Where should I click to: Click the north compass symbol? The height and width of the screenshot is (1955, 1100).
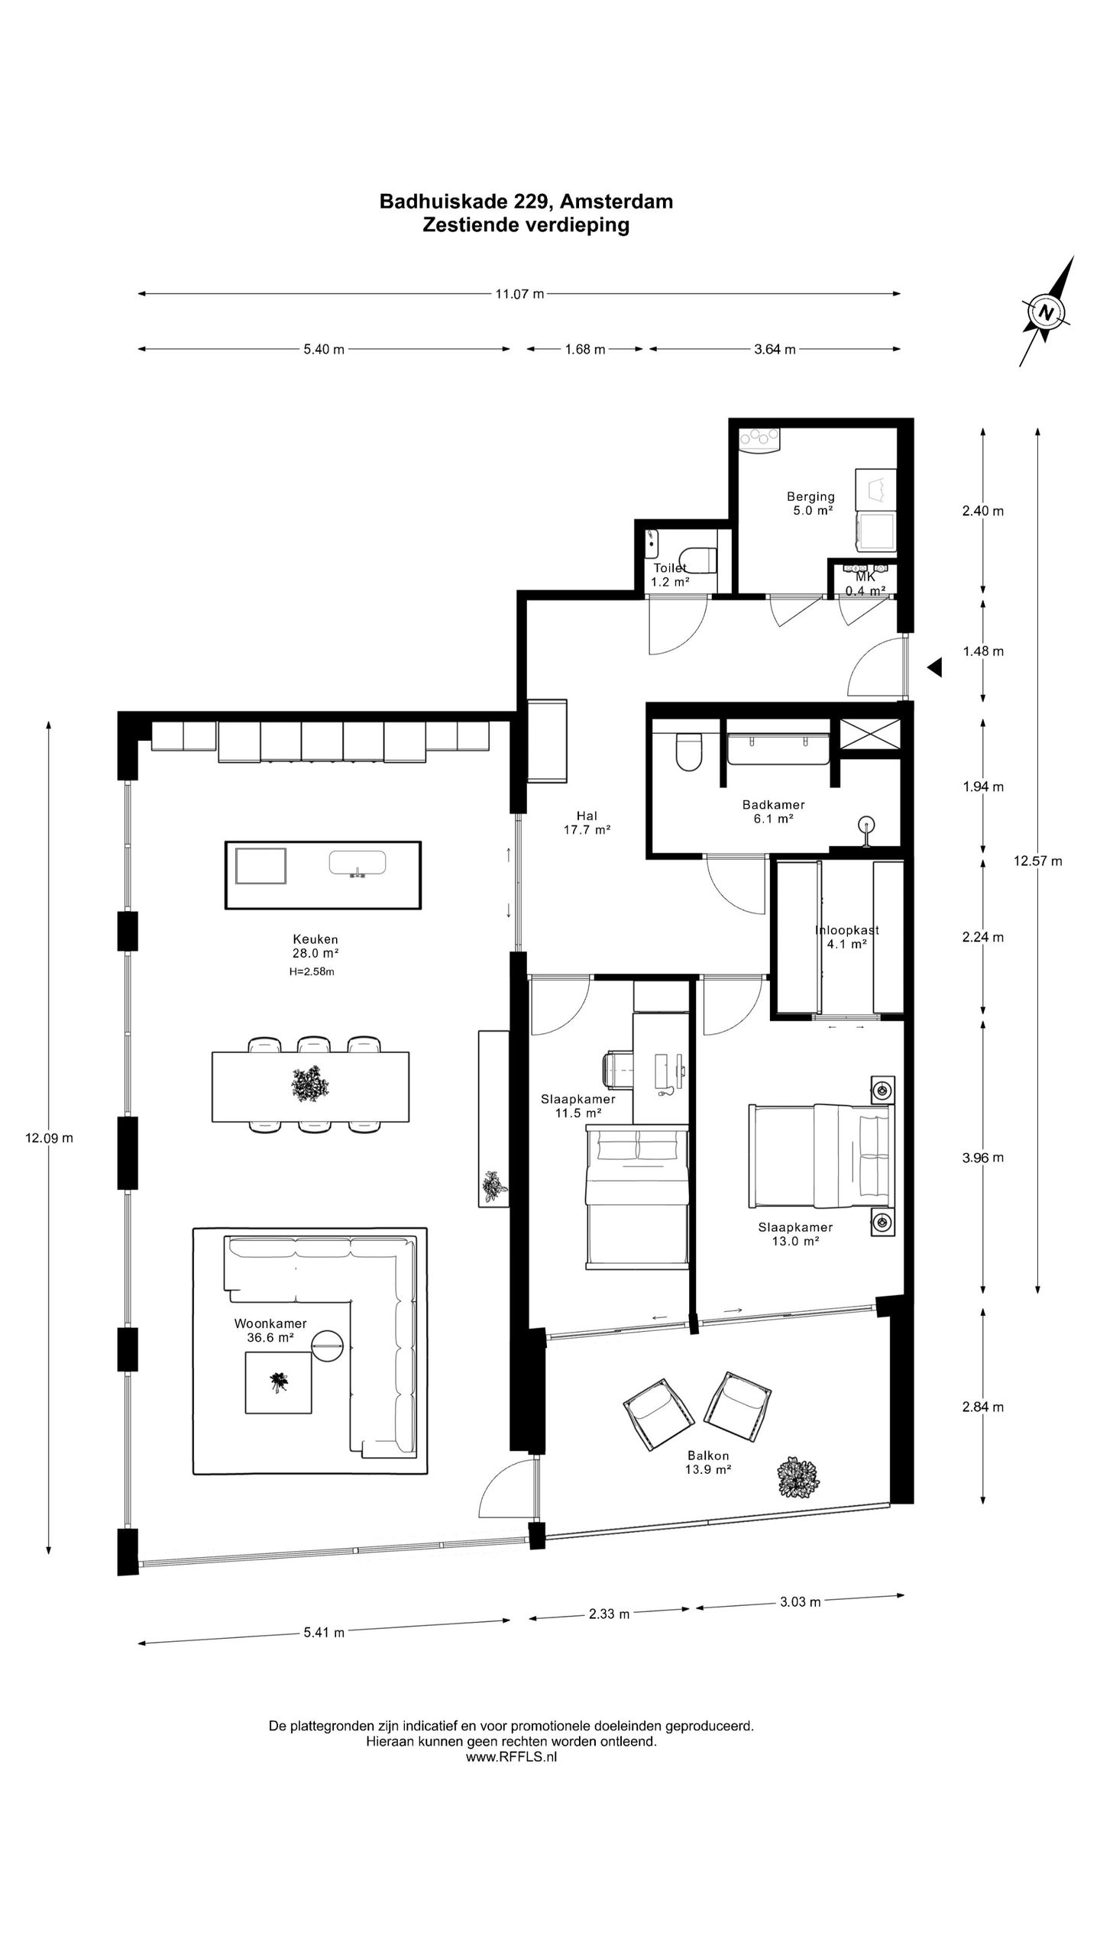coord(1047,312)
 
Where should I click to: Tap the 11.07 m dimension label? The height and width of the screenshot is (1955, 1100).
coord(519,293)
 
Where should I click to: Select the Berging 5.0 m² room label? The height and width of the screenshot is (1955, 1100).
coord(811,503)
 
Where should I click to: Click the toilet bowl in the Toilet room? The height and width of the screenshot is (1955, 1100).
coord(699,558)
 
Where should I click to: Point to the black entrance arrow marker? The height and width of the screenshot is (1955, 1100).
coord(934,668)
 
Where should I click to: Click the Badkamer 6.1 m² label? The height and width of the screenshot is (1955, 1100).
coord(773,811)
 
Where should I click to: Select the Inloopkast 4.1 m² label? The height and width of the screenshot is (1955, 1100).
coord(846,936)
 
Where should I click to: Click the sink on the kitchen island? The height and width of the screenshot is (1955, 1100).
coord(357,864)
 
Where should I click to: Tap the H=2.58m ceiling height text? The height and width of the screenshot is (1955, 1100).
coord(312,972)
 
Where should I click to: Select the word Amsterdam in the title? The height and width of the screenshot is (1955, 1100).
coord(616,201)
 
